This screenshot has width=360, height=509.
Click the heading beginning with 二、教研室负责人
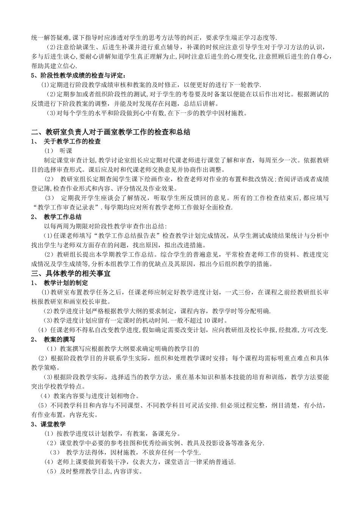(111, 132)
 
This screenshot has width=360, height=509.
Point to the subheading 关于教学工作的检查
(72, 142)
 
